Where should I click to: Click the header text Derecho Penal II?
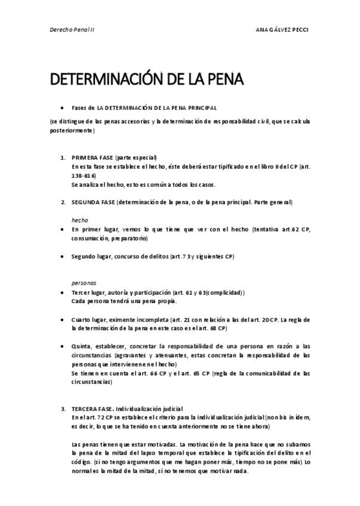72,29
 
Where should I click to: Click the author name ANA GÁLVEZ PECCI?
282,29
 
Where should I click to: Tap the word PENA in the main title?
224,79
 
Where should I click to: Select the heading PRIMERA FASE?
93,157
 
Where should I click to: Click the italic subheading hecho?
79,220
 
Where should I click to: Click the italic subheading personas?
84,283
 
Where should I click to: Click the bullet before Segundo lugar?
63,256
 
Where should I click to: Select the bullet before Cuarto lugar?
63,319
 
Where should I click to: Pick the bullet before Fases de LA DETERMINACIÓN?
63,107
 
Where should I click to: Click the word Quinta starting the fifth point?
82,346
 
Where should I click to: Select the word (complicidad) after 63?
225,292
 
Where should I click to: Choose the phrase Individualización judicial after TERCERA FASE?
149,409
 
